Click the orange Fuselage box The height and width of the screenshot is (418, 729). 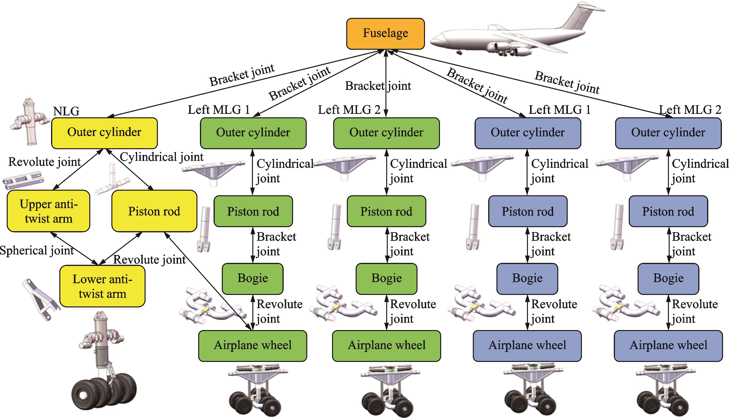385,34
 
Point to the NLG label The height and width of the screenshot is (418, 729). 66,111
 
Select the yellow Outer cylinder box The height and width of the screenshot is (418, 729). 104,133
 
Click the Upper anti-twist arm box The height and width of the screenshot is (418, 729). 49,211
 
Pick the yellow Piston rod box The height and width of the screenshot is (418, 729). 154,211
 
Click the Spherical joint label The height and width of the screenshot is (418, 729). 37,250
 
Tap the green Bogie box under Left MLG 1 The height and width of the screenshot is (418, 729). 253,278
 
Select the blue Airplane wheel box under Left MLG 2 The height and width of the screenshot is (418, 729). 668,346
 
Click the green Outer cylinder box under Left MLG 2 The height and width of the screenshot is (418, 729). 386,133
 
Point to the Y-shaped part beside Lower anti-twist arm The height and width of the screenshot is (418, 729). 40,299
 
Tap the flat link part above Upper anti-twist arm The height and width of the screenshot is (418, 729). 24,180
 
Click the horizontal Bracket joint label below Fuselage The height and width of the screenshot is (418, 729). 378,86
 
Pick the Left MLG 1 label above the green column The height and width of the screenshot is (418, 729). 219,110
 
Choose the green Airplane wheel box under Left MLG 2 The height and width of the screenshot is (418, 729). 386,346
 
